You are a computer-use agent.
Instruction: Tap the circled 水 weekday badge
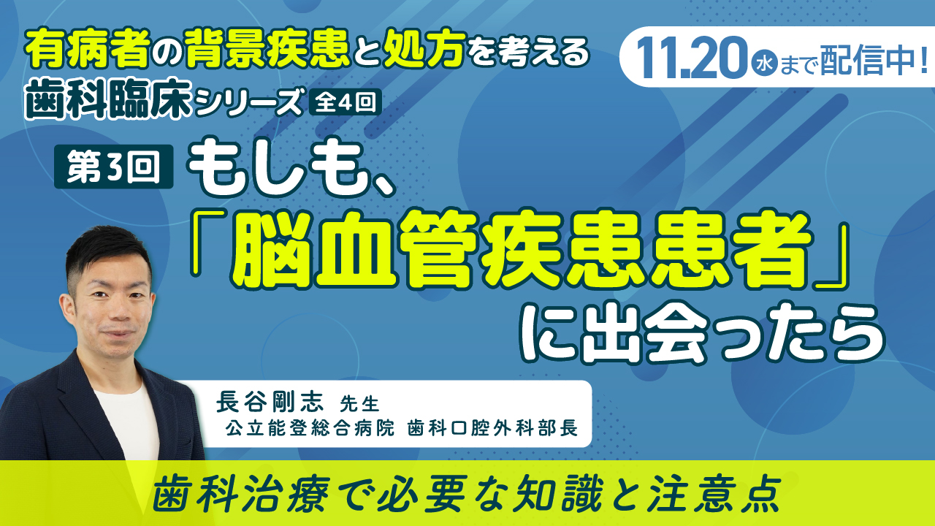click(763, 65)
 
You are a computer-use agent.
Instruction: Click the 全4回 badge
click(345, 102)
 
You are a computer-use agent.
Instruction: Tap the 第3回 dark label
click(113, 166)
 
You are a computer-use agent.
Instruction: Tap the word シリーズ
click(249, 102)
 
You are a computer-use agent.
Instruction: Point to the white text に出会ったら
click(702, 332)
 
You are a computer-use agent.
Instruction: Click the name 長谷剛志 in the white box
click(270, 403)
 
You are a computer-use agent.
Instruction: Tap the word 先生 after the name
click(359, 404)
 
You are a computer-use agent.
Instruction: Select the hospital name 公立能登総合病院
click(310, 428)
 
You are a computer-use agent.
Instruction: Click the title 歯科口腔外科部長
click(492, 428)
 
